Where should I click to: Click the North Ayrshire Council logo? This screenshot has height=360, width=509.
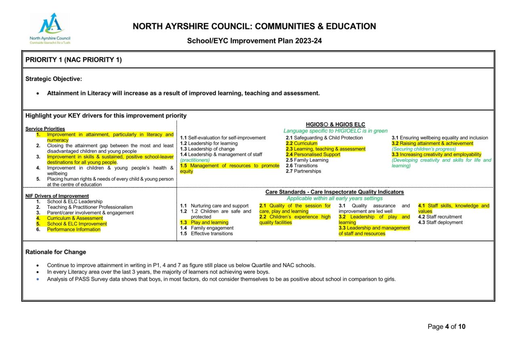click(x=50, y=28)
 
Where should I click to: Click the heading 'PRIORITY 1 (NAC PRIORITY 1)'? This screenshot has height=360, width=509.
click(x=74, y=60)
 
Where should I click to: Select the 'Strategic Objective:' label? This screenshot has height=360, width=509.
click(x=54, y=79)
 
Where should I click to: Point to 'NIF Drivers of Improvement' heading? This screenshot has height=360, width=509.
click(x=57, y=196)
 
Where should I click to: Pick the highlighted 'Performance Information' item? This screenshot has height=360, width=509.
click(x=74, y=229)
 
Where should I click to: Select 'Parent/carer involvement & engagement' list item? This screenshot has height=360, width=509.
click(x=90, y=213)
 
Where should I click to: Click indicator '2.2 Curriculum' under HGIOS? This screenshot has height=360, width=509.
click(x=302, y=143)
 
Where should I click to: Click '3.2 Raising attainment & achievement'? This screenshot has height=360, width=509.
click(x=432, y=143)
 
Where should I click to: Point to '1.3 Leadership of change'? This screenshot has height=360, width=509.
click(x=207, y=149)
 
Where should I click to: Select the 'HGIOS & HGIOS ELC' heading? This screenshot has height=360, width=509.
click(x=335, y=124)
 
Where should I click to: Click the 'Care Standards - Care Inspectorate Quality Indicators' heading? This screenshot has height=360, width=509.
click(x=334, y=192)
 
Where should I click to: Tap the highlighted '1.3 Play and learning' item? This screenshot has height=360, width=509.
click(x=204, y=222)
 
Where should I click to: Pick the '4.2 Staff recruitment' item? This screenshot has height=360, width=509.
click(x=440, y=217)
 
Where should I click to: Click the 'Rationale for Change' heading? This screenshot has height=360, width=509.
click(x=56, y=252)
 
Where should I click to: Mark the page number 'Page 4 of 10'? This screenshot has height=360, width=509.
click(x=446, y=326)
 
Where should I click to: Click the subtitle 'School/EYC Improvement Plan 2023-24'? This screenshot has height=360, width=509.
click(x=254, y=41)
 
